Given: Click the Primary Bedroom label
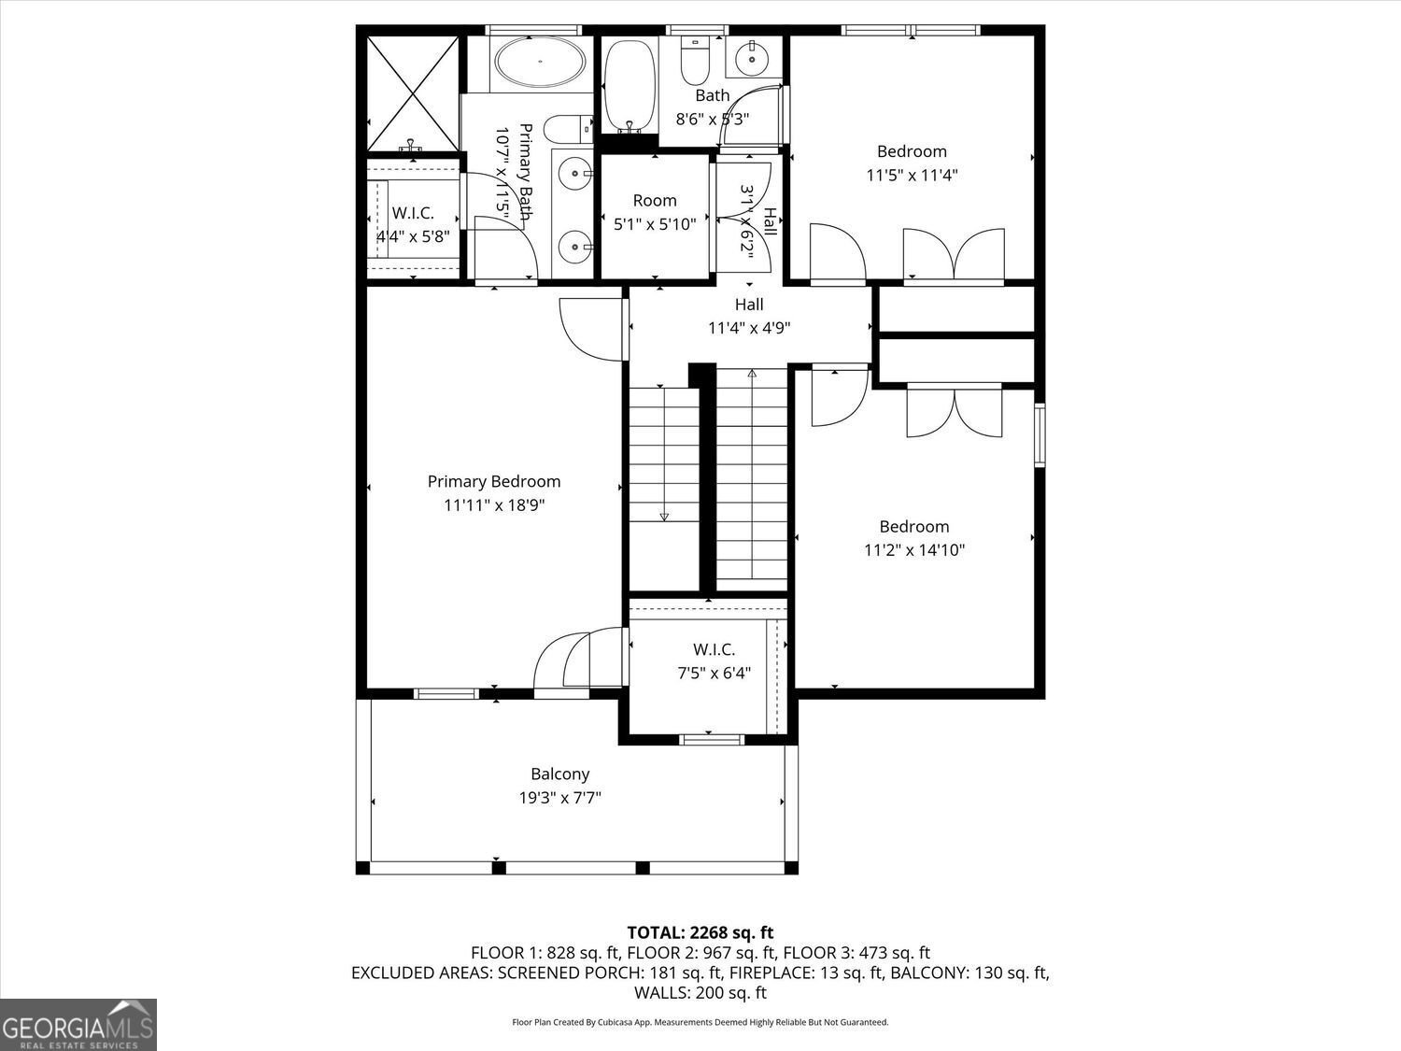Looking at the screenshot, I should [x=494, y=482].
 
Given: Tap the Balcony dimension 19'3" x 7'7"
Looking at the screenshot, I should [x=559, y=798].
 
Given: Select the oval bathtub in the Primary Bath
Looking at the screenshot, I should [x=541, y=63].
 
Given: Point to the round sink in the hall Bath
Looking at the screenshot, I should [x=752, y=60].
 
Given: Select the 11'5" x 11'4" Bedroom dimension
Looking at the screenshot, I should [x=912, y=175].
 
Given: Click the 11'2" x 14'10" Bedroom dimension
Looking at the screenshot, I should [x=913, y=550].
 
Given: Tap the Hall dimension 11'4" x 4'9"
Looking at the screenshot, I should [x=749, y=328].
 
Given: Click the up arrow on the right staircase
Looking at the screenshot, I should [x=752, y=375].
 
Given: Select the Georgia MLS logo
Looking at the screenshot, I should [x=78, y=1025].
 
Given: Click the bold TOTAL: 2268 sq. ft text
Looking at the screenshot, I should [x=700, y=931].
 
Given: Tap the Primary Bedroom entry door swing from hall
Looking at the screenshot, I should [x=591, y=329].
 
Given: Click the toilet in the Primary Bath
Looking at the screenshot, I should [x=568, y=128].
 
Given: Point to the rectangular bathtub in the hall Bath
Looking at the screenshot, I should [x=628, y=84].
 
